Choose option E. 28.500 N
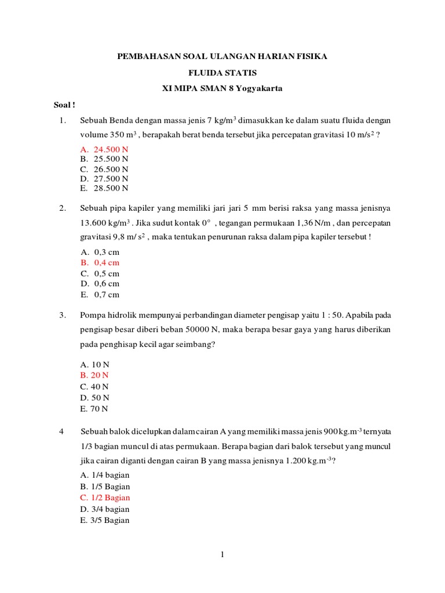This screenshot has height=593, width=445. [x=104, y=188]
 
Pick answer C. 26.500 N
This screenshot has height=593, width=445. [x=104, y=169]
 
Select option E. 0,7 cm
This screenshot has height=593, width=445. [x=100, y=294]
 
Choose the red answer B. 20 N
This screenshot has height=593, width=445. [x=95, y=375]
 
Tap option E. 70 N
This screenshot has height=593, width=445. [x=95, y=408]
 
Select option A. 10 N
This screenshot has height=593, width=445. [x=95, y=364]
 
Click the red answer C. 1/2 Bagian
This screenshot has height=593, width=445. [x=105, y=497]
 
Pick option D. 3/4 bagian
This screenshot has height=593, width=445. [x=105, y=509]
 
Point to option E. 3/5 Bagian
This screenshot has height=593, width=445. [x=105, y=520]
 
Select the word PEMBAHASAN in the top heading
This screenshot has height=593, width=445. [x=146, y=56]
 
